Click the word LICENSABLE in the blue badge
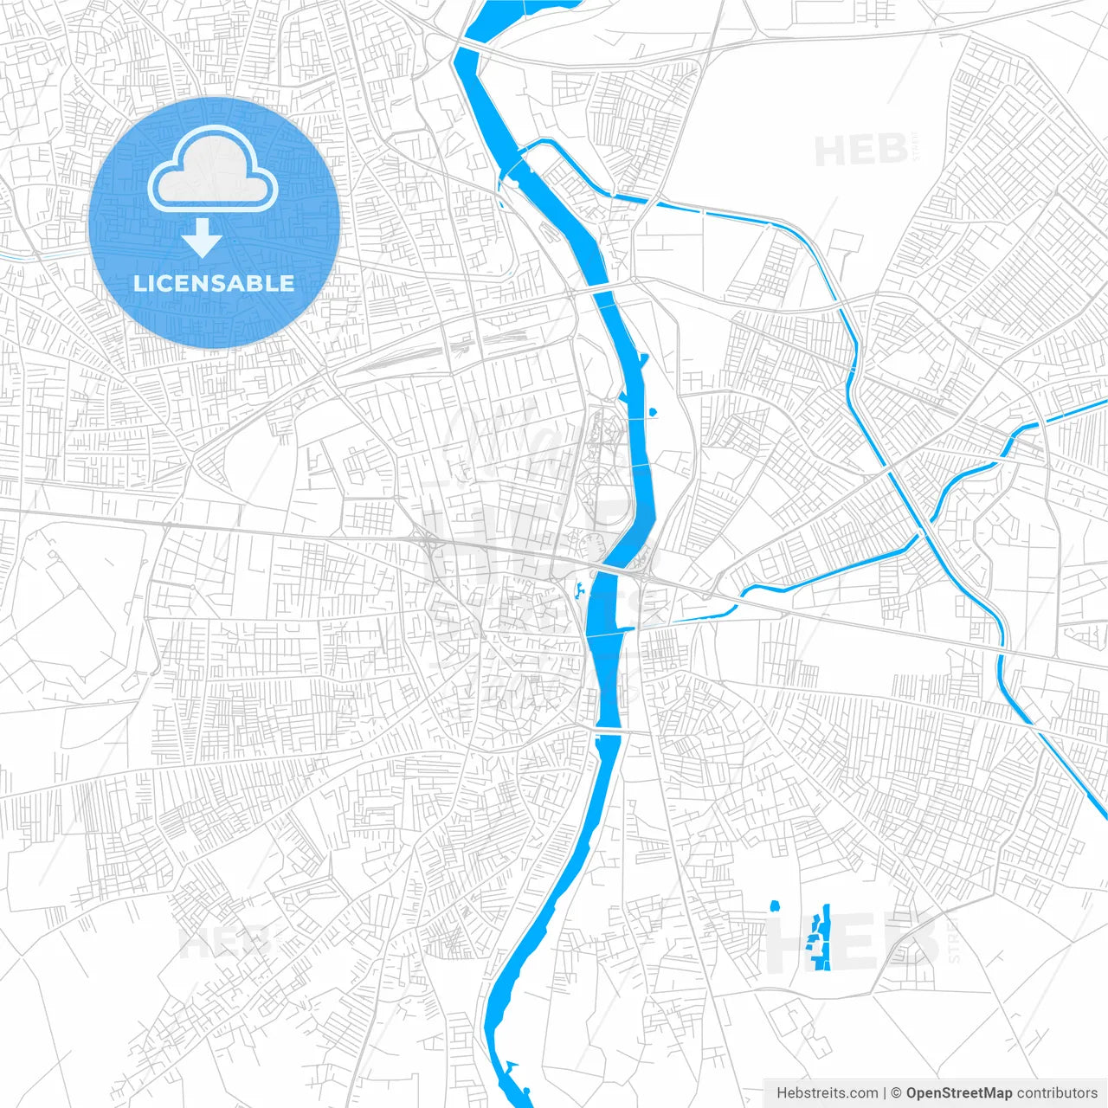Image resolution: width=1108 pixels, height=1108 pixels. click(x=214, y=283)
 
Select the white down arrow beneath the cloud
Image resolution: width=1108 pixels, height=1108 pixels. click(x=202, y=238)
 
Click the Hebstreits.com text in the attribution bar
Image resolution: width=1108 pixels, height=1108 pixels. click(x=827, y=1093)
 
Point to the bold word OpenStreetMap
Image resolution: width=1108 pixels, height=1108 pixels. click(x=958, y=1093)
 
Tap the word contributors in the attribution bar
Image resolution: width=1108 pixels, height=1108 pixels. click(x=1056, y=1093)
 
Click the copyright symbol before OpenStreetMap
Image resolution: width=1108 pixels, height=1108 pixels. click(x=897, y=1093)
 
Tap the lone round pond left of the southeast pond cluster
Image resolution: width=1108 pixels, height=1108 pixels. click(x=775, y=906)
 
